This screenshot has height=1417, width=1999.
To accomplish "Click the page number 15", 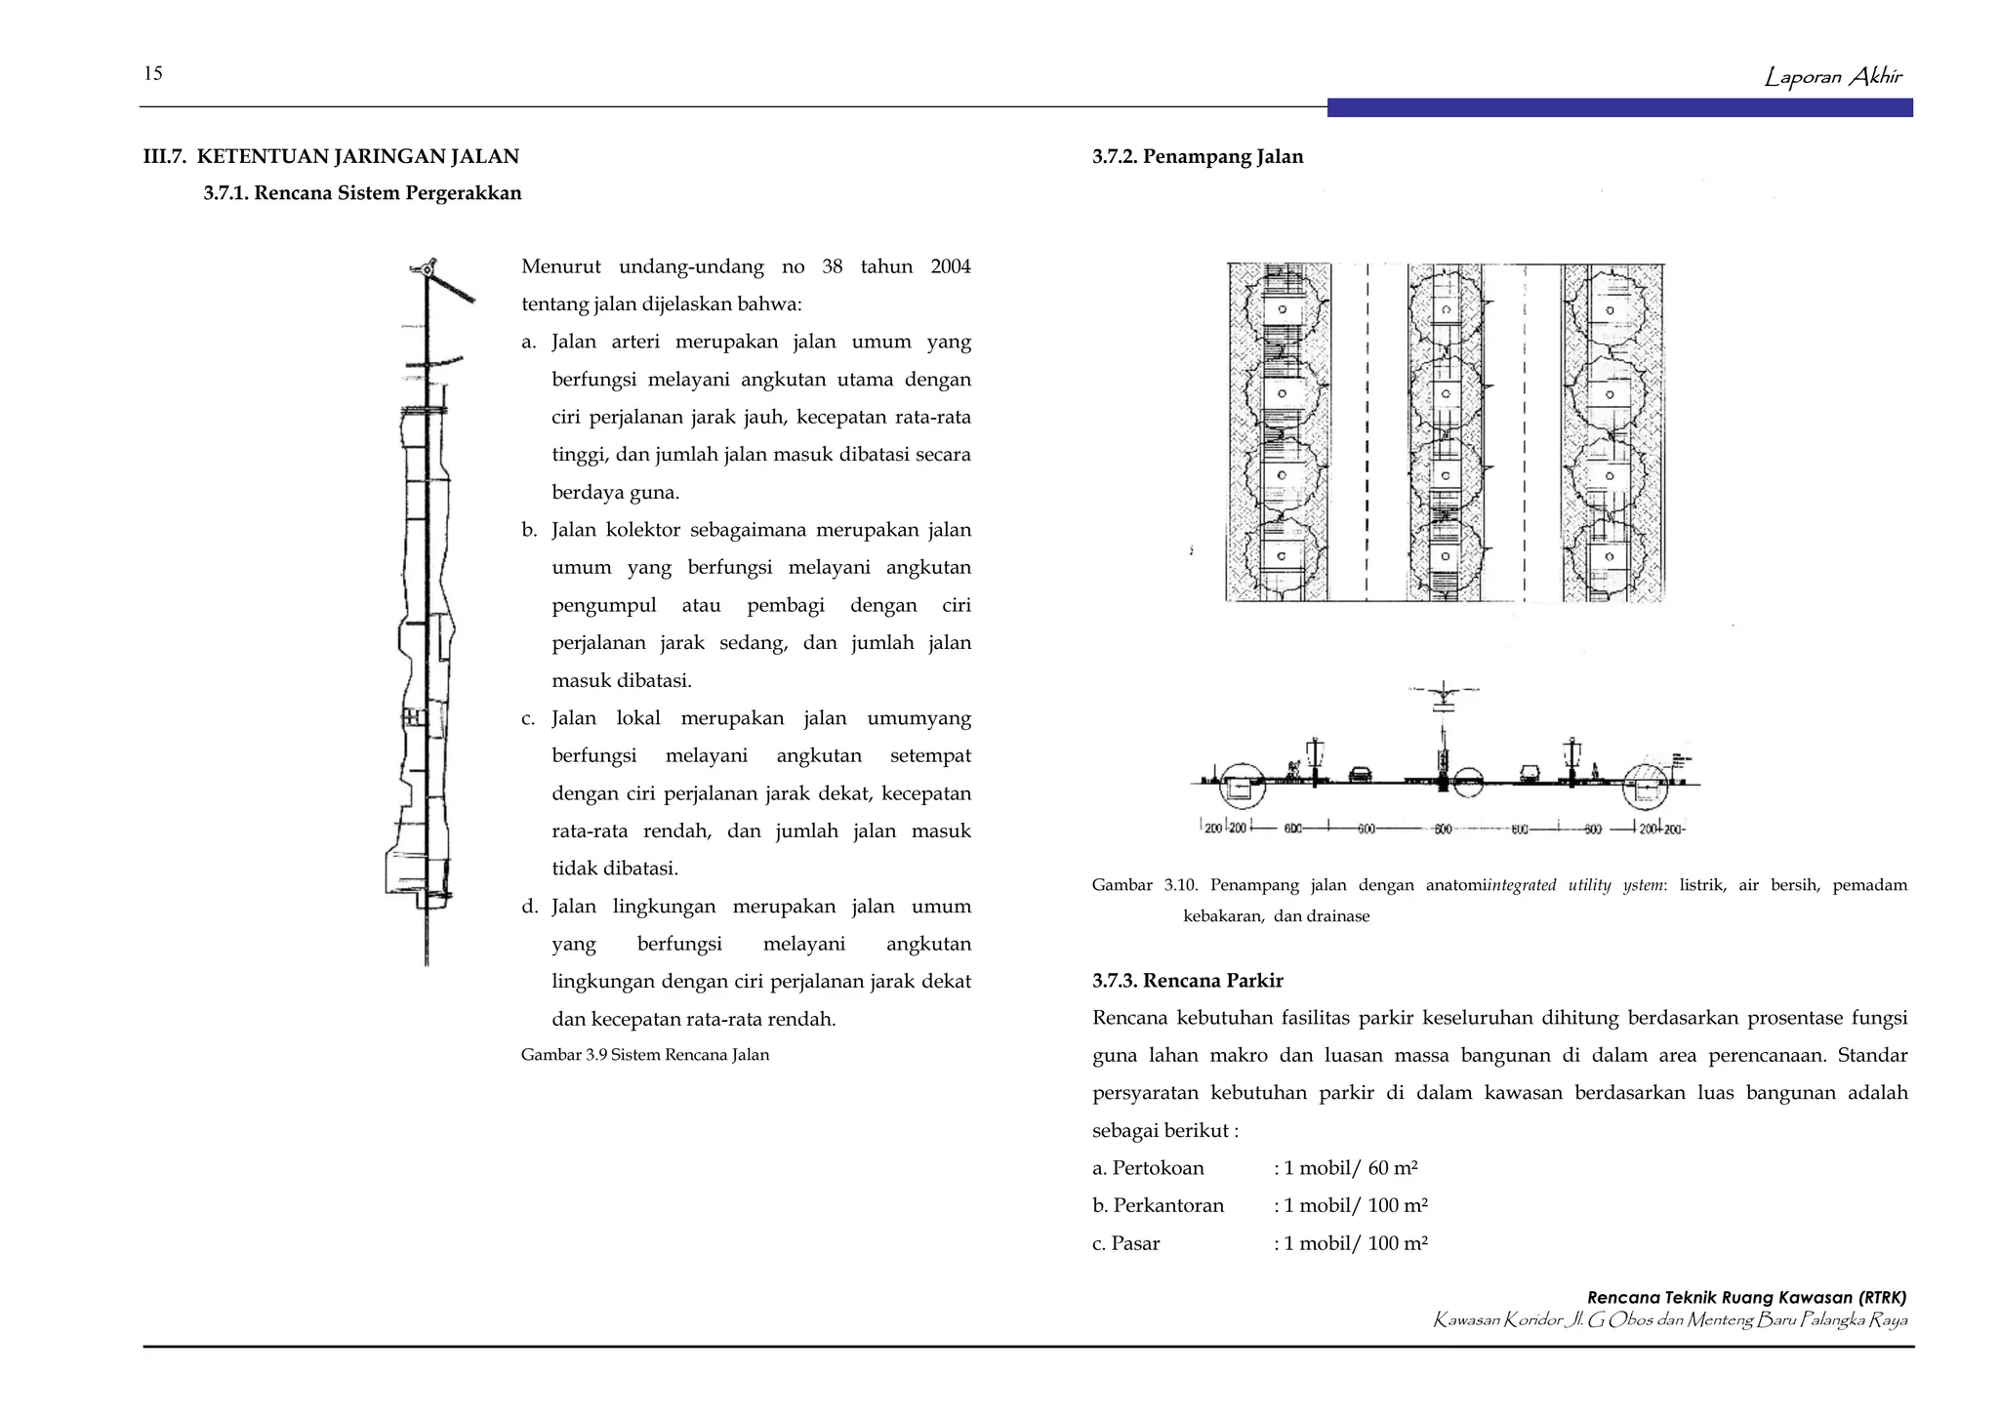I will (152, 73).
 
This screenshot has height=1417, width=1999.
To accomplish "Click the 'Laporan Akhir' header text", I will (1832, 76).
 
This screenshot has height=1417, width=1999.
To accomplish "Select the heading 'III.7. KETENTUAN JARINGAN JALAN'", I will (331, 156).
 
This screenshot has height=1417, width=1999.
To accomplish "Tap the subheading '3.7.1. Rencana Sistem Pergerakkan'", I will (362, 193).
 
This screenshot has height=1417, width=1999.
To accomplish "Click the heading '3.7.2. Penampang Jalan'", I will (1198, 156).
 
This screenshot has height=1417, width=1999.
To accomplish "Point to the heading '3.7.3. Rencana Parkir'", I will (1187, 981).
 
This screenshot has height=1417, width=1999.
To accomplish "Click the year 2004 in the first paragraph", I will (950, 266).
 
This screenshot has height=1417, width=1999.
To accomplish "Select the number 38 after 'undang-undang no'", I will (832, 266).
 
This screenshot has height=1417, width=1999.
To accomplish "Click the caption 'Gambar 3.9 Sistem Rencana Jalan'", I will (644, 1055).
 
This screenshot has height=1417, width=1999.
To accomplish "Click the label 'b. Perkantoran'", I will (1158, 1206).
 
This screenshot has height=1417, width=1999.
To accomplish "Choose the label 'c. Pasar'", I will (1125, 1243).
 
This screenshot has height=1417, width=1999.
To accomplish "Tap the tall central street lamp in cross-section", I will (1443, 742).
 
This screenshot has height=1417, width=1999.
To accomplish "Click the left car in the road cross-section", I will (1360, 776).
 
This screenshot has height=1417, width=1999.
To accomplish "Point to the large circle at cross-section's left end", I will (1242, 786).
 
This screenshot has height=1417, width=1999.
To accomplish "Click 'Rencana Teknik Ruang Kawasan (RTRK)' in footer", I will (1745, 1298).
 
